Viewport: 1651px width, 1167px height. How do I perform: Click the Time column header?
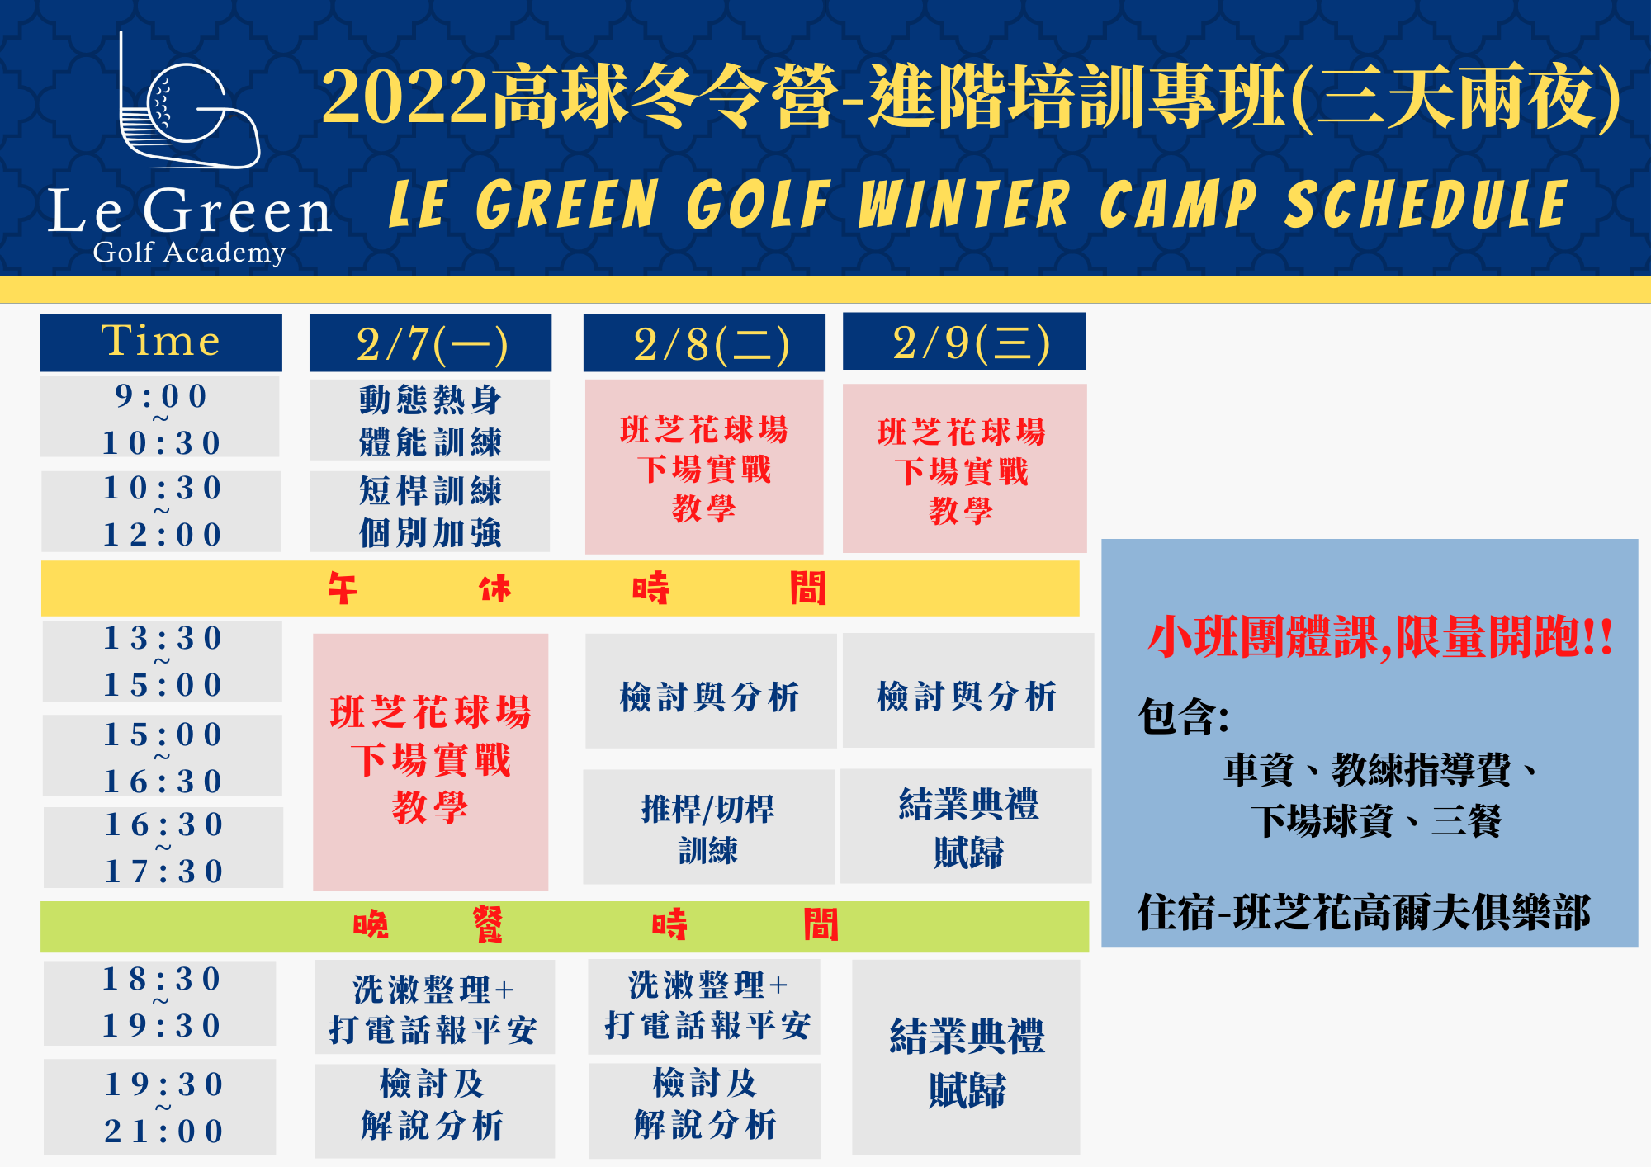tap(161, 343)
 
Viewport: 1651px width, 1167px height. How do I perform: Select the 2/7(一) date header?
tap(430, 343)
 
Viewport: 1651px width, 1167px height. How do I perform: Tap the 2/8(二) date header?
tap(704, 343)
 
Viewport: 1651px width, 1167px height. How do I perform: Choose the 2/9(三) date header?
tap(964, 341)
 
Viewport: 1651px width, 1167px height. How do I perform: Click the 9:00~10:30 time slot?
tap(160, 417)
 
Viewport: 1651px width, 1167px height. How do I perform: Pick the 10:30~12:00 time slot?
tap(162, 511)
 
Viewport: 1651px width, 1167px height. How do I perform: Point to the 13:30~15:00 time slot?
tap(163, 661)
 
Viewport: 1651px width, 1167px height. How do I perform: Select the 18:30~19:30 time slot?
tap(160, 1004)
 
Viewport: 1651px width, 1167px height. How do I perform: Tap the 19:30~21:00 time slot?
tap(160, 1107)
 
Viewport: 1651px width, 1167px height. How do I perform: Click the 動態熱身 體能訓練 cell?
tap(430, 420)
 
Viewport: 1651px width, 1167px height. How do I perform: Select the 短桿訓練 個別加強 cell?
tap(430, 511)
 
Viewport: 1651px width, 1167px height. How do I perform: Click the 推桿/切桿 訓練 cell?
tap(708, 827)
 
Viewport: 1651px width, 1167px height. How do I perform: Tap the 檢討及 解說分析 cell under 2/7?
tap(435, 1111)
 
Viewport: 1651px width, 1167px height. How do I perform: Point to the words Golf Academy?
tap(190, 253)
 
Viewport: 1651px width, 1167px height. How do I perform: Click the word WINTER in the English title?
tap(964, 205)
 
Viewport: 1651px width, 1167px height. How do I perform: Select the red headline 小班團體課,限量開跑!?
tap(1380, 638)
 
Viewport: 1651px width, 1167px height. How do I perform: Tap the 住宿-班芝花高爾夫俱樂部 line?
tap(1364, 913)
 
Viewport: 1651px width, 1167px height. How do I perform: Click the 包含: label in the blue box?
tap(1184, 716)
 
